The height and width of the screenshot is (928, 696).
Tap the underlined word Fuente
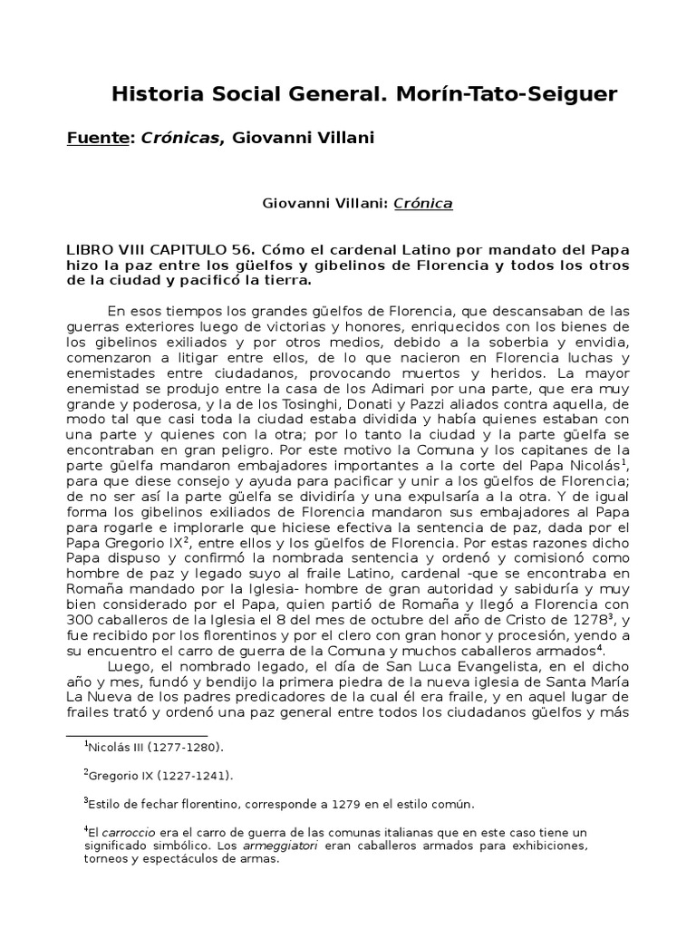[x=99, y=138]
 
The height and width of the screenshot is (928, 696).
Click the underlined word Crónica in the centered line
[x=423, y=204]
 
